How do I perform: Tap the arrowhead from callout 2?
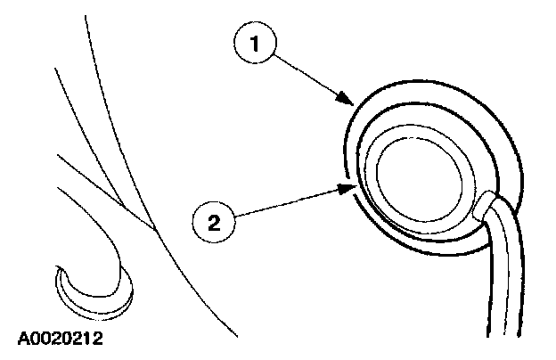coord(350,188)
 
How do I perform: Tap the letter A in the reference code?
coord(22,340)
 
